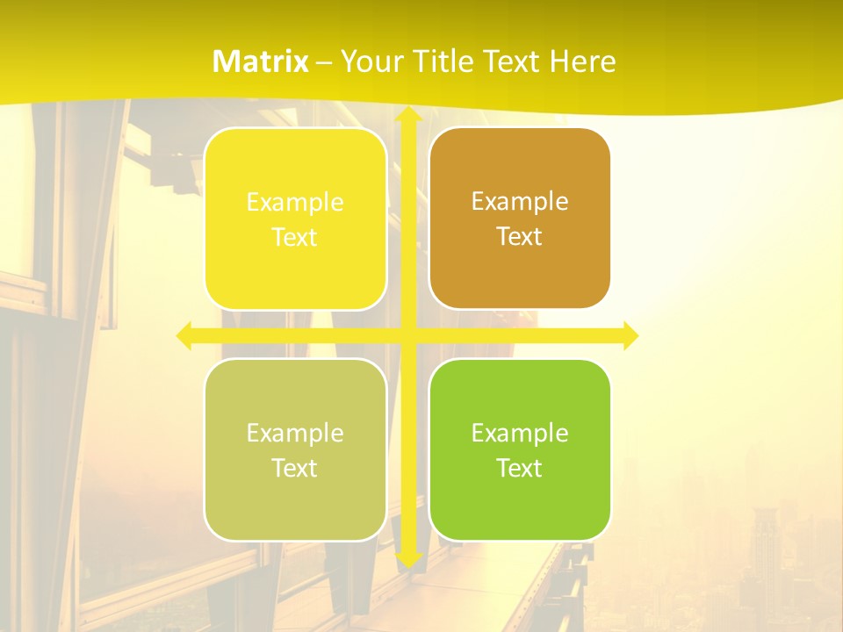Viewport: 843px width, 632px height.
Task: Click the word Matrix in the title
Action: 261,61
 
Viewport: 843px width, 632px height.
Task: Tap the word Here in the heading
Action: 582,61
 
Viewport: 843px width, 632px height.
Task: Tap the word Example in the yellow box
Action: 295,203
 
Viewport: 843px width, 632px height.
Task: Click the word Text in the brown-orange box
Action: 520,237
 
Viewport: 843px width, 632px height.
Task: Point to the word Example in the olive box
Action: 295,434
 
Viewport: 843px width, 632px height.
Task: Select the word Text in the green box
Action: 520,469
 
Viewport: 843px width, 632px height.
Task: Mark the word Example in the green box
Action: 520,434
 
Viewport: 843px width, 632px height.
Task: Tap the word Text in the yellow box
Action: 295,238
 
